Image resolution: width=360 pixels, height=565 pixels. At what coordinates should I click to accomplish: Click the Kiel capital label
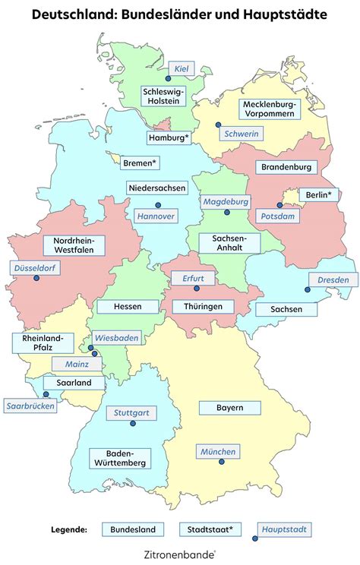[181, 69]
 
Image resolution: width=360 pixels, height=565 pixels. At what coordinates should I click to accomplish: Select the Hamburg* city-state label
[169, 137]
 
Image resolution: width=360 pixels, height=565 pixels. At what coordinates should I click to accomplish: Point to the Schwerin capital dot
[217, 125]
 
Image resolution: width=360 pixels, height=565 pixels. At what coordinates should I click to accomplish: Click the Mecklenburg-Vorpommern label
[270, 109]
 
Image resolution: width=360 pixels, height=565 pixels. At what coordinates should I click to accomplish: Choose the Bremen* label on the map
[140, 163]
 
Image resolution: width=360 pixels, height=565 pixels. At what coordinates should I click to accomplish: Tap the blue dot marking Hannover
[158, 204]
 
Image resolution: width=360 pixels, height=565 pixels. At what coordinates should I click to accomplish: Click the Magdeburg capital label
[226, 202]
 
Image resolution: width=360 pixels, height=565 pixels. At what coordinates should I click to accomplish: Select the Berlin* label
[318, 195]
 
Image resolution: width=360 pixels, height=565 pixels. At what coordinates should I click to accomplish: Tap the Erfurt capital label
[193, 279]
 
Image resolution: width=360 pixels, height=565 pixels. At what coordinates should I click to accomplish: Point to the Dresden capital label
[333, 279]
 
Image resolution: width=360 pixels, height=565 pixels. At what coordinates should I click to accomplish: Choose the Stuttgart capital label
[131, 414]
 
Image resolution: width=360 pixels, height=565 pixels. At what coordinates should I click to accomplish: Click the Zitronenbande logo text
[179, 555]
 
